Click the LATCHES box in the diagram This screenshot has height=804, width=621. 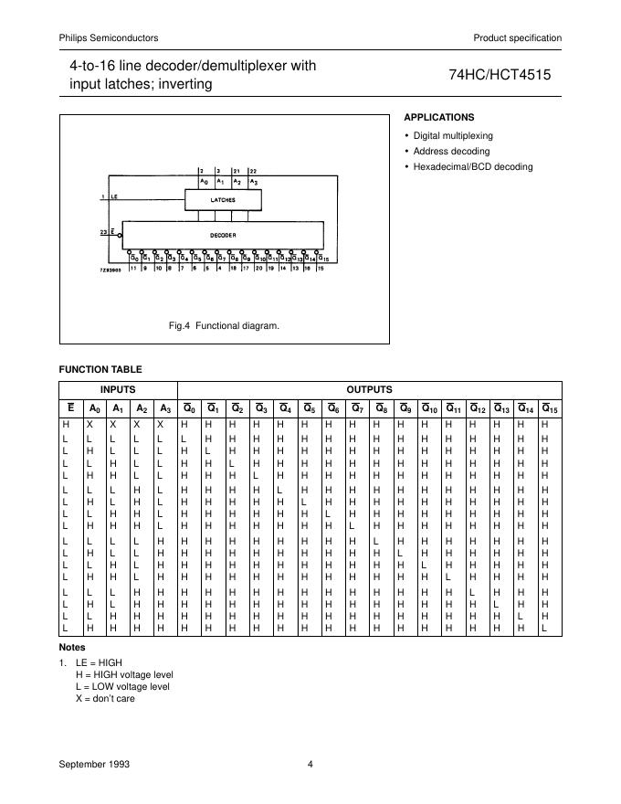(222, 198)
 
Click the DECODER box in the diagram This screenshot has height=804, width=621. (222, 235)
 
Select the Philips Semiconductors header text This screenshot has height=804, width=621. (109, 37)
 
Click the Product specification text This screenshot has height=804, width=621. (517, 37)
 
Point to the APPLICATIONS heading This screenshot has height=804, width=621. (439, 117)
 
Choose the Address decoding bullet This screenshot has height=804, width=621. (451, 151)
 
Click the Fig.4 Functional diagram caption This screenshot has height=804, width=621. (225, 325)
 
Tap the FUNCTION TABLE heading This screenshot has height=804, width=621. (100, 369)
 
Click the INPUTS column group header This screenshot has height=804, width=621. (117, 390)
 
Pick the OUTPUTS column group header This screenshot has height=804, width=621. (369, 390)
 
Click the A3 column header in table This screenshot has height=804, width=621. (164, 408)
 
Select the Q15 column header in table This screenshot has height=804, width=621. (549, 408)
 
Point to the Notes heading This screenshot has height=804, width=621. (72, 647)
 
